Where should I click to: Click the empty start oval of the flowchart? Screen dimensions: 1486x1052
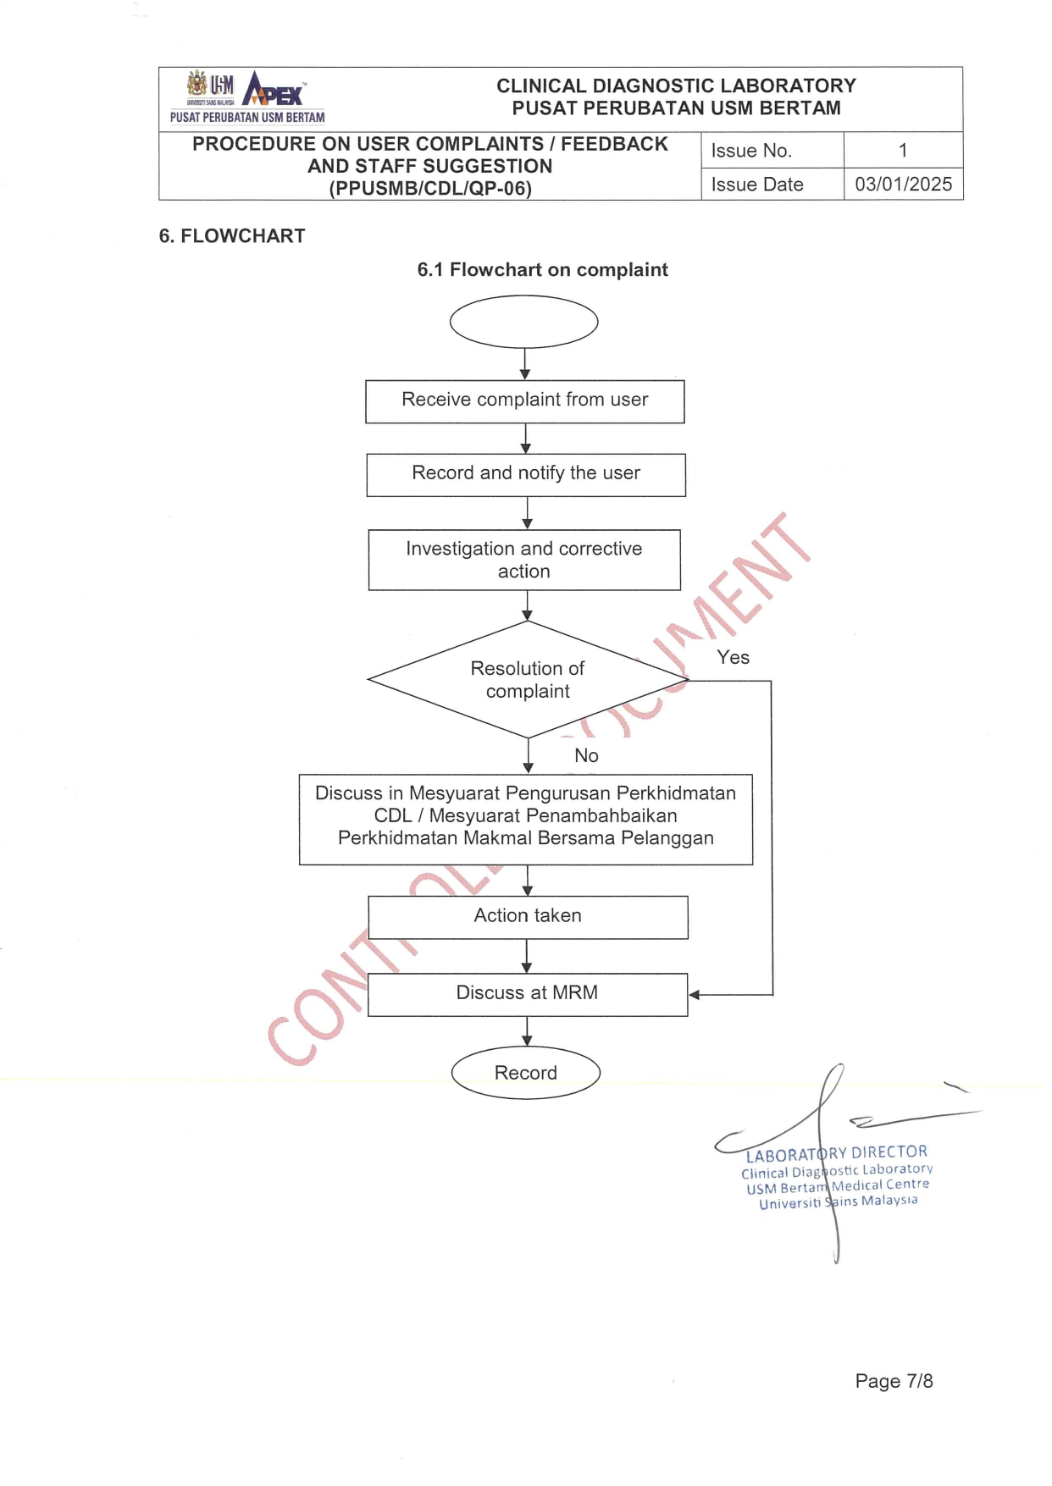pos(523,322)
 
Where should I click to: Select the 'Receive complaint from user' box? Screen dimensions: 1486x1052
pos(524,401)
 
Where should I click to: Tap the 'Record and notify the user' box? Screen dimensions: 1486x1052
pos(525,474)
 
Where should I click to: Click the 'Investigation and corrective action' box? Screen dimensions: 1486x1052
pos(524,560)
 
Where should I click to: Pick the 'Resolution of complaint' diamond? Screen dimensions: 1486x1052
pos(527,680)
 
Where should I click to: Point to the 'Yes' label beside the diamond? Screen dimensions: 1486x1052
pos(733,657)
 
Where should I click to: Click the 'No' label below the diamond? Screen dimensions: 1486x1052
pos(586,755)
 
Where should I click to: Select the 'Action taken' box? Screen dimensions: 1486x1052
pos(528,916)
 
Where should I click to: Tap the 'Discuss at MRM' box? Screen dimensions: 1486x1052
pos(527,993)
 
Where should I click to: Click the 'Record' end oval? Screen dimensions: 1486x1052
pos(526,1073)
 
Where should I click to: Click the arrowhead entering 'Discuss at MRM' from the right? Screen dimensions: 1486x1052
pos(695,995)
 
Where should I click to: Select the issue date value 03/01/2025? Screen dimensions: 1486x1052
pos(903,184)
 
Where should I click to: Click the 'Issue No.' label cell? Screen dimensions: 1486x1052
pos(751,151)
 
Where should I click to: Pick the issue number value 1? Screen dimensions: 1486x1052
pos(903,150)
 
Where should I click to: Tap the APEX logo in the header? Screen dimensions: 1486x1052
pos(273,90)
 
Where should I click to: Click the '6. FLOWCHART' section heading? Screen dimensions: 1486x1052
pos(232,236)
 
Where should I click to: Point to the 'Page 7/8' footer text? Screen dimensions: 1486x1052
pos(894,1381)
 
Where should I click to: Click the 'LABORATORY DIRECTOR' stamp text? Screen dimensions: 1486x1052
pos(837,1153)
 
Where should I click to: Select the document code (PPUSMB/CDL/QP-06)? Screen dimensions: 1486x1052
pos(430,189)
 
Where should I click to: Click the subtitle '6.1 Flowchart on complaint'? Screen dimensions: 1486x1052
pos(542,270)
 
